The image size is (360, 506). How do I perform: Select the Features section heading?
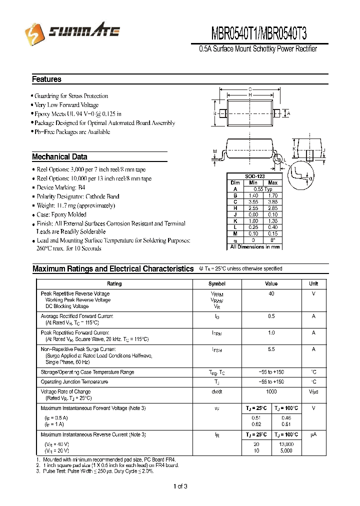point(46,79)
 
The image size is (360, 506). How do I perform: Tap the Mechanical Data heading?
point(59,157)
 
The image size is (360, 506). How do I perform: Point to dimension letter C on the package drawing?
point(250,89)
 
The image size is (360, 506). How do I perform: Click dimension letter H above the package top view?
point(250,95)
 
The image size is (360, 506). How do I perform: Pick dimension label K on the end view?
point(294,149)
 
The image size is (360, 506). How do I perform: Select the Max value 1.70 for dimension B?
point(272,196)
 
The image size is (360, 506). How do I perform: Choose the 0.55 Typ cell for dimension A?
point(263,189)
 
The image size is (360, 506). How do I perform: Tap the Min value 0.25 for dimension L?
point(253,227)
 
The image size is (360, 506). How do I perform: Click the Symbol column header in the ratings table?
point(216,283)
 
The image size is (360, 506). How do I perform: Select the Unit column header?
point(313,283)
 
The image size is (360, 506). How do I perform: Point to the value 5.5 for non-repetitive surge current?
point(271,349)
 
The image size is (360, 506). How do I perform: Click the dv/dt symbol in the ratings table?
point(216,392)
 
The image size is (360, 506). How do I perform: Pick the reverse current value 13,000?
point(287,444)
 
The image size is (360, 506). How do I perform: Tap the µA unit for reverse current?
point(313,435)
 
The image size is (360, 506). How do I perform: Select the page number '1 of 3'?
point(180,486)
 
